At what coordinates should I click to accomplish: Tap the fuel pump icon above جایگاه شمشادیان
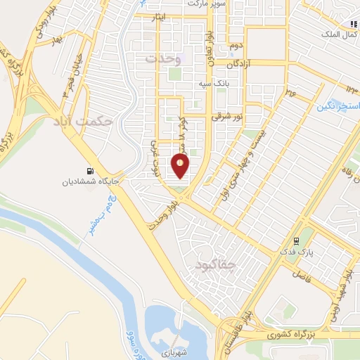point(89,171)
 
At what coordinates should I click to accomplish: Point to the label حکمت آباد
point(83,121)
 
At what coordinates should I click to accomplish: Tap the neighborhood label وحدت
point(164,58)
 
